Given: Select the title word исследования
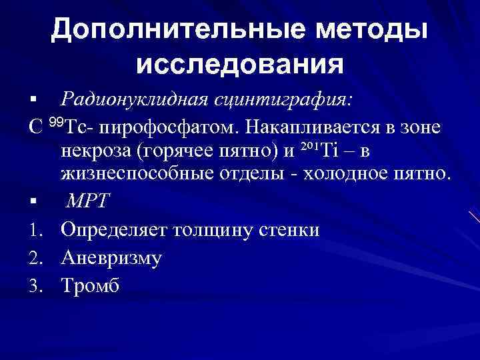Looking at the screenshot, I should tap(239, 65).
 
